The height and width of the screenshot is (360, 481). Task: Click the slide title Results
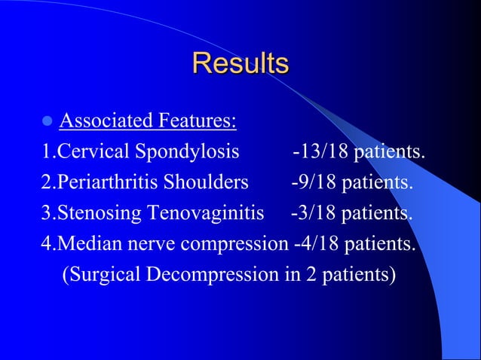240,63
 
